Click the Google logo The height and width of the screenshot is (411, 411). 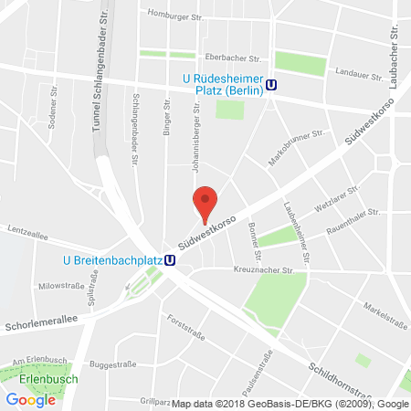tap(31, 398)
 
